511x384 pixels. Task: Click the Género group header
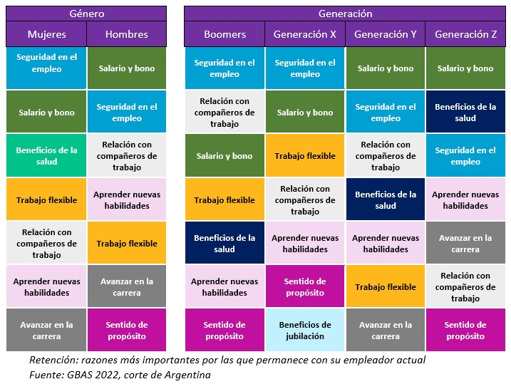point(86,14)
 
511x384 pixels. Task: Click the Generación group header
point(345,14)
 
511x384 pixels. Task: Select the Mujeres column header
point(46,34)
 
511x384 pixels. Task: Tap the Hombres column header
point(126,34)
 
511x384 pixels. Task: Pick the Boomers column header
point(224,34)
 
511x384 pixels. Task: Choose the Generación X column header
point(305,34)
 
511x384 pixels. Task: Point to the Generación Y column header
point(385,34)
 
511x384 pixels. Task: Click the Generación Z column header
point(465,34)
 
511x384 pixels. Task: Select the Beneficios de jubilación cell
point(305,330)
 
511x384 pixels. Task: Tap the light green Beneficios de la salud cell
point(46,155)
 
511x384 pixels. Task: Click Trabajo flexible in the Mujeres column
point(46,200)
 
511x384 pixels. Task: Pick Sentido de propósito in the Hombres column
point(126,330)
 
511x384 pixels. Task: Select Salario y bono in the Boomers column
point(224,156)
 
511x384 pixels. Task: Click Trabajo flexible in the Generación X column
point(305,156)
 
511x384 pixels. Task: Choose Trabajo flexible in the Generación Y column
point(385,287)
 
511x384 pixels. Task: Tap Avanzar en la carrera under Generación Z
point(465,244)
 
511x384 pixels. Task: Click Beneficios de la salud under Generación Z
point(465,112)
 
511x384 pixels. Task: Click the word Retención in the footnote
point(51,360)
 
